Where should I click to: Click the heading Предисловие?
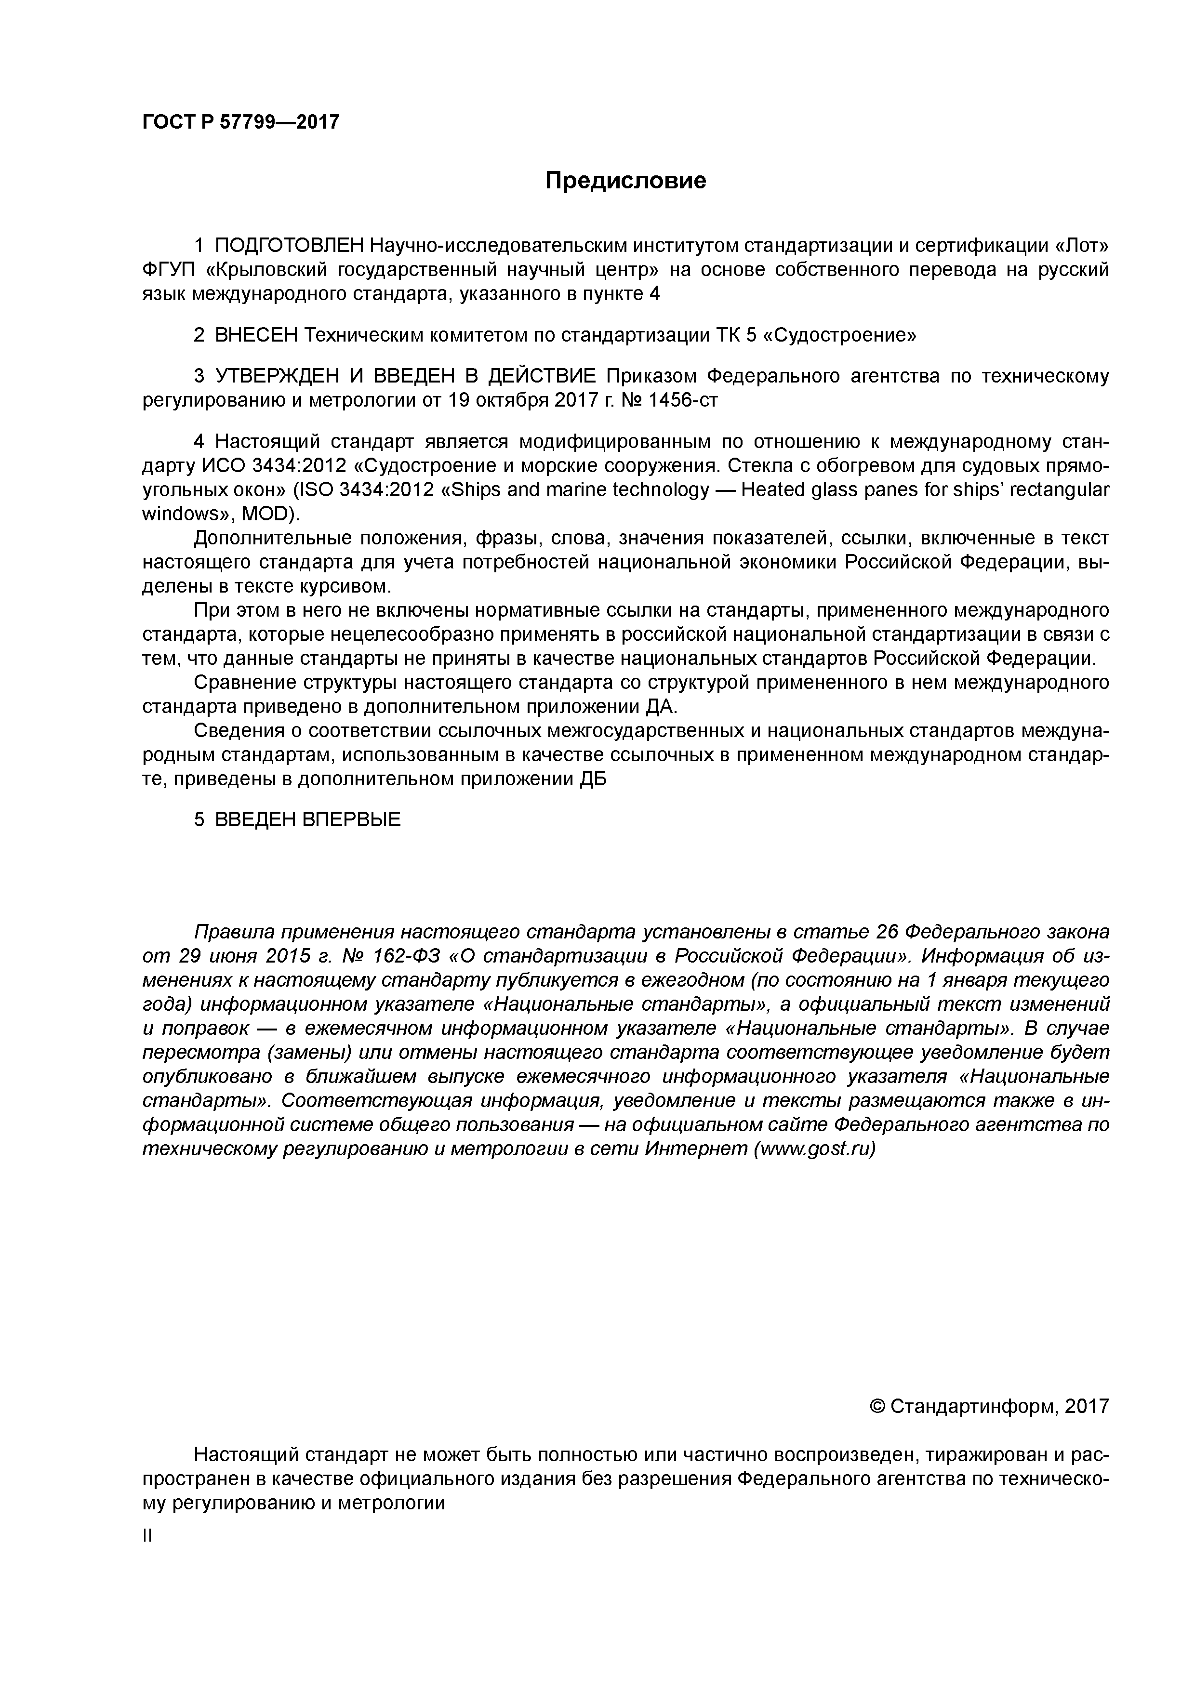point(625,180)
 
